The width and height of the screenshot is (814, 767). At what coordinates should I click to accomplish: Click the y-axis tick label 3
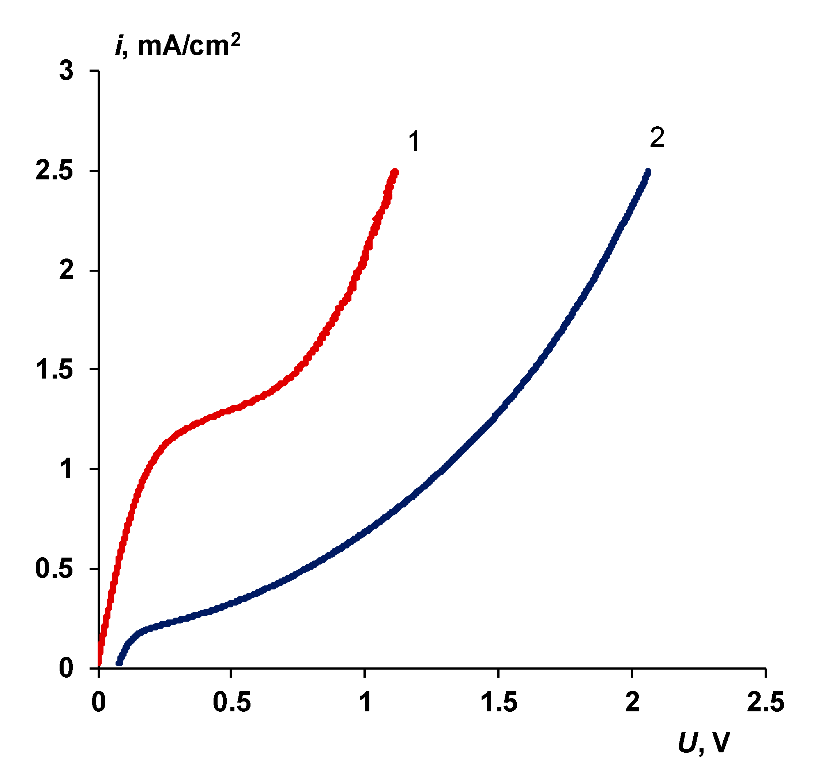point(66,71)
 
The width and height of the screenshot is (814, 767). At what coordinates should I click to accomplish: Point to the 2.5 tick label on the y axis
point(54,171)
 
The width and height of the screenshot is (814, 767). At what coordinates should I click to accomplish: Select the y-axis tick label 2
point(66,271)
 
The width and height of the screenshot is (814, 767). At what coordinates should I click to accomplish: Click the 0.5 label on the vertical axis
point(54,569)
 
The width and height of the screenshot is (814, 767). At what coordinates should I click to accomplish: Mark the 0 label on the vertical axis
point(66,669)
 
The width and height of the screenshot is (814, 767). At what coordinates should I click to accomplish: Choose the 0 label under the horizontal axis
point(99,701)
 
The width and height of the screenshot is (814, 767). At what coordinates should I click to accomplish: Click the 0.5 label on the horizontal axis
point(232,701)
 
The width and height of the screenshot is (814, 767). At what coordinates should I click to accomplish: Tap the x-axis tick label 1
point(365,701)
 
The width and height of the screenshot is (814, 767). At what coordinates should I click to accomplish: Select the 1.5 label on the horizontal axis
point(498,701)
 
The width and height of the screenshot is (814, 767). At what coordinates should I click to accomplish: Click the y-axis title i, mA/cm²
point(178,45)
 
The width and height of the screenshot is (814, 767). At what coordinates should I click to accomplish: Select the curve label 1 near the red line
point(414,141)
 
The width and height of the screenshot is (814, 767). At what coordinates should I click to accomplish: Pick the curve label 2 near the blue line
point(657,138)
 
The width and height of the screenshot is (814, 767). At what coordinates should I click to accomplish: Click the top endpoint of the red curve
point(395,172)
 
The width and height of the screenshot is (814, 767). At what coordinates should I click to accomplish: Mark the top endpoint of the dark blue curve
point(648,171)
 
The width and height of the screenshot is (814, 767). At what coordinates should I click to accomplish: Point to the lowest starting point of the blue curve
point(119,663)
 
